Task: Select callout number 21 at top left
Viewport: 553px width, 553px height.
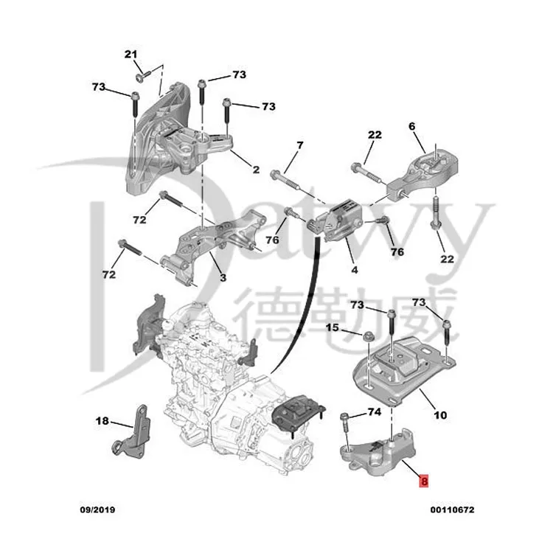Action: pyautogui.click(x=131, y=54)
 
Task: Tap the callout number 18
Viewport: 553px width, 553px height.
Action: pyautogui.click(x=102, y=421)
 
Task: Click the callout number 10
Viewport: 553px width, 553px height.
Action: pyautogui.click(x=439, y=415)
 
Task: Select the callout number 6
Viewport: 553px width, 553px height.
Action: pyautogui.click(x=412, y=126)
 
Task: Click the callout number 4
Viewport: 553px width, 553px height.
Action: pyautogui.click(x=355, y=270)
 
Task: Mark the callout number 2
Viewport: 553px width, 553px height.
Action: pyautogui.click(x=256, y=170)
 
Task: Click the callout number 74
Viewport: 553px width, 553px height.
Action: pyautogui.click(x=375, y=412)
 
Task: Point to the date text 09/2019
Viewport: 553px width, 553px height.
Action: pyautogui.click(x=97, y=509)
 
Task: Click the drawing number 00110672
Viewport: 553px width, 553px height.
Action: pyautogui.click(x=453, y=509)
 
